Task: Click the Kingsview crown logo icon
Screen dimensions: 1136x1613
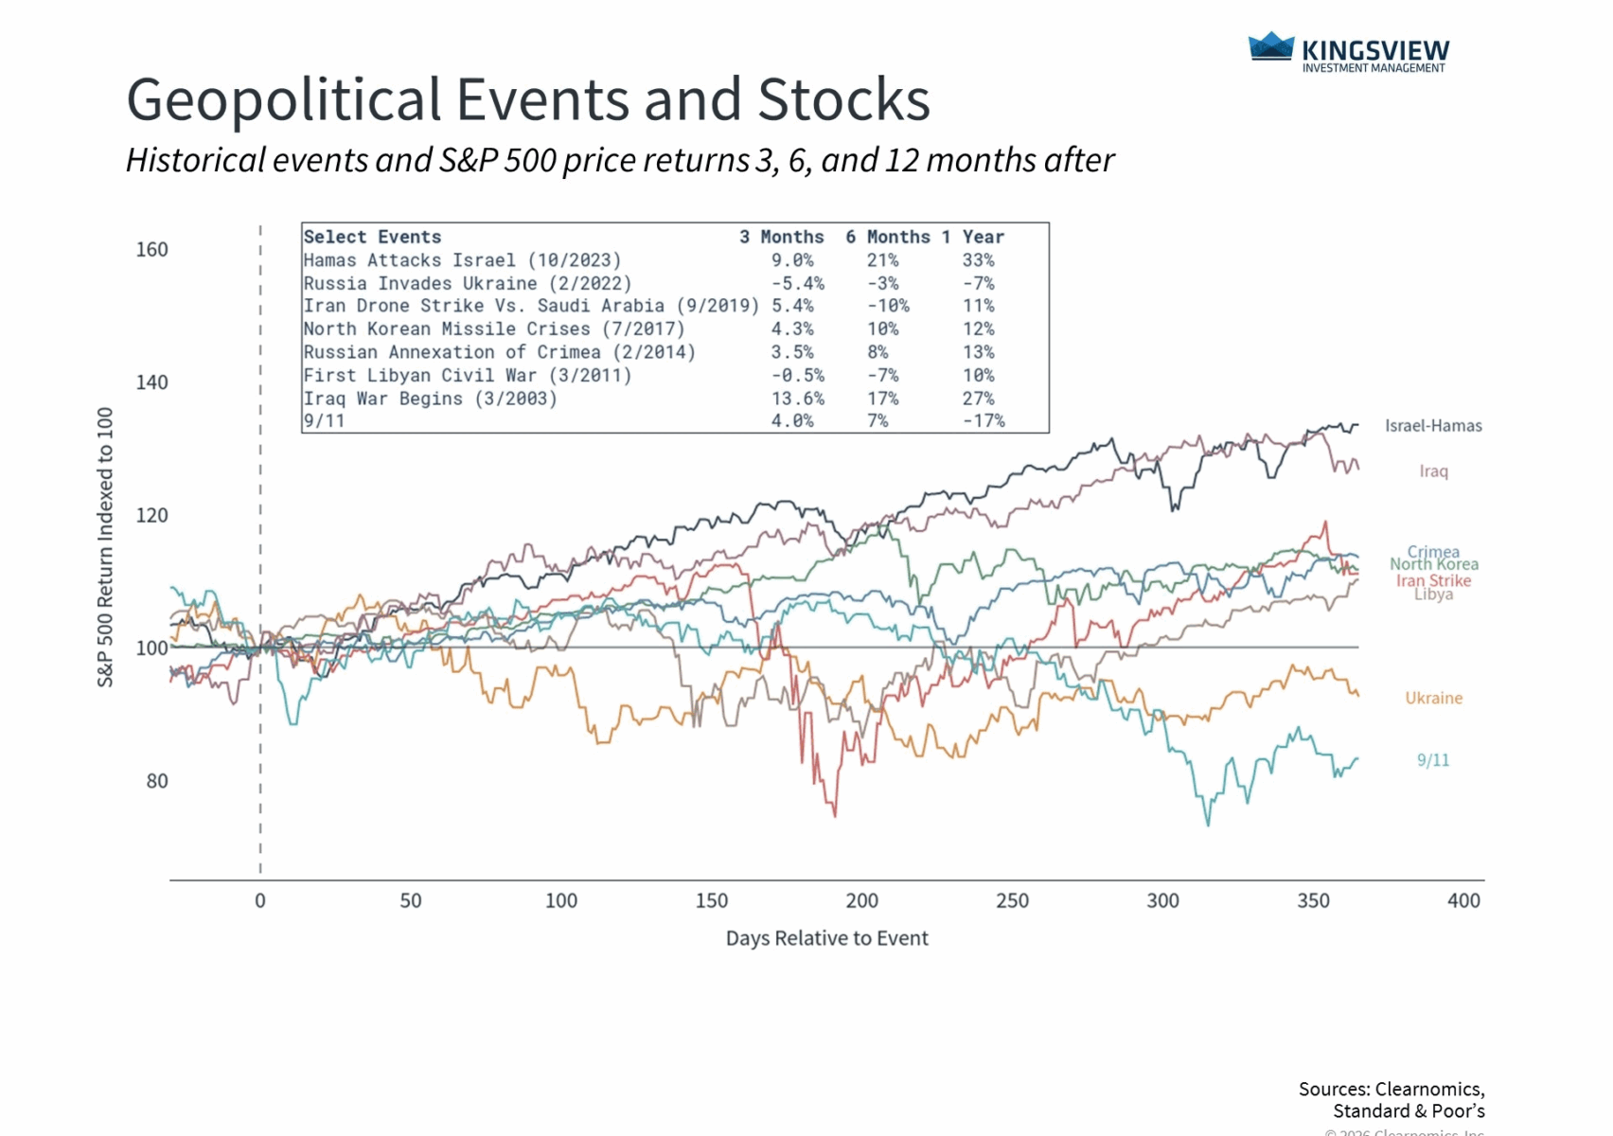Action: pos(1270,46)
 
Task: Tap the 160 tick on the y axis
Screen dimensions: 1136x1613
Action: pos(151,250)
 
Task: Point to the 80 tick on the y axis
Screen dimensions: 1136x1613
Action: pos(157,781)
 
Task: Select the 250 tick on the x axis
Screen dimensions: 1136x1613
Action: pos(1012,901)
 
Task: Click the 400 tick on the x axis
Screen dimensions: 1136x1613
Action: pos(1463,901)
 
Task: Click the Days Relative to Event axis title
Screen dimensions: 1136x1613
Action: pos(826,938)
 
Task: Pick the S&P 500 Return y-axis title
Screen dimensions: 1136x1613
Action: pos(105,547)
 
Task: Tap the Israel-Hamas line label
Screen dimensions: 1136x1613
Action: pos(1433,426)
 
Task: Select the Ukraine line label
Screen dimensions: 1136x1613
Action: pos(1433,699)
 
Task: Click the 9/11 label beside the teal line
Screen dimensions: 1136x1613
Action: pos(1432,760)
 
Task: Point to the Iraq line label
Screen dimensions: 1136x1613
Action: pos(1433,471)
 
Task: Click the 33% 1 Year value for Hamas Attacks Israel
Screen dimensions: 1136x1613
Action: pos(978,260)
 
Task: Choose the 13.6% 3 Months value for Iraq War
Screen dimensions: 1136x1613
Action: pos(797,399)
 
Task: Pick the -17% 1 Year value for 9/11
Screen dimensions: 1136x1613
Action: pos(983,421)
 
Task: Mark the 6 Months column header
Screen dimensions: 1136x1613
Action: pos(887,237)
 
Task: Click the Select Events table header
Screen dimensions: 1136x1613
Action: pos(372,237)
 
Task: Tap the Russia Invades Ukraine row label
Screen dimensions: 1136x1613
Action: pos(467,283)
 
